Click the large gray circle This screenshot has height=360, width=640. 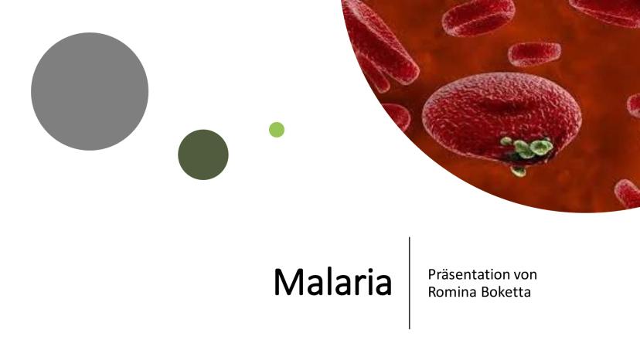[90, 91]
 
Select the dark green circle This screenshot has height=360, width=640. [203, 155]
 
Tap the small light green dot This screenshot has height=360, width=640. [277, 130]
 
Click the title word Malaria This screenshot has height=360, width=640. [332, 282]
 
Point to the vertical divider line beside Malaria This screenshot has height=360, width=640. [410, 283]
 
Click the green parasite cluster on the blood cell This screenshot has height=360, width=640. [528, 148]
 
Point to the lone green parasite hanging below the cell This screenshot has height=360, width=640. [519, 171]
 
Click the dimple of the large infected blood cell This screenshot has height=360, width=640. [500, 104]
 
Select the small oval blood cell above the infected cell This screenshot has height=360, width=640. [534, 54]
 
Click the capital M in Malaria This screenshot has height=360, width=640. [288, 282]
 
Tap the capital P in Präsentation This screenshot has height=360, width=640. [432, 275]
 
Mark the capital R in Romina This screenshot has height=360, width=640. [432, 292]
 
